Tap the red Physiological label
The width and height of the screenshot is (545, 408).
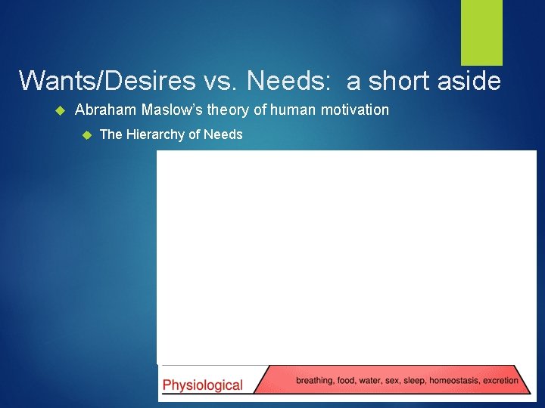pyautogui.click(x=203, y=385)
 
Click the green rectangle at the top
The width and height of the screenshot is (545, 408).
pyautogui.click(x=482, y=32)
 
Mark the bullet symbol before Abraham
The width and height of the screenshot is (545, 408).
pyautogui.click(x=62, y=111)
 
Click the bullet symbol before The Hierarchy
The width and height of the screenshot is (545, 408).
pyautogui.click(x=86, y=135)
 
